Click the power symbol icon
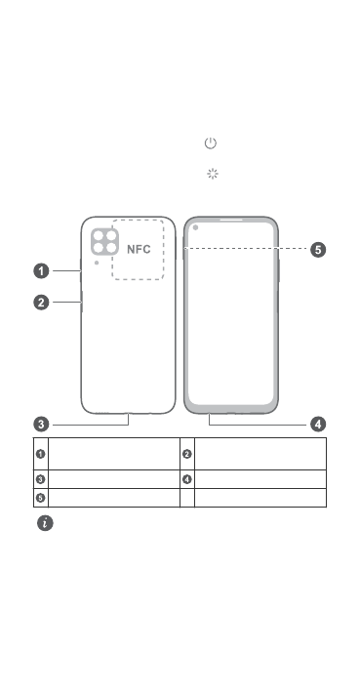[x=211, y=143]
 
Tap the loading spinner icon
[x=213, y=174]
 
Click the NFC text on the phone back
[x=139, y=249]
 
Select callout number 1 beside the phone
[x=42, y=270]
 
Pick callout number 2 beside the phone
[x=42, y=303]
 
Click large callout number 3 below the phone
[x=42, y=425]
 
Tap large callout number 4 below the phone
[x=318, y=425]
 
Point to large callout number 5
[x=318, y=249]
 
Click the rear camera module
[x=104, y=241]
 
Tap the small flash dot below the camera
[x=97, y=263]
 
